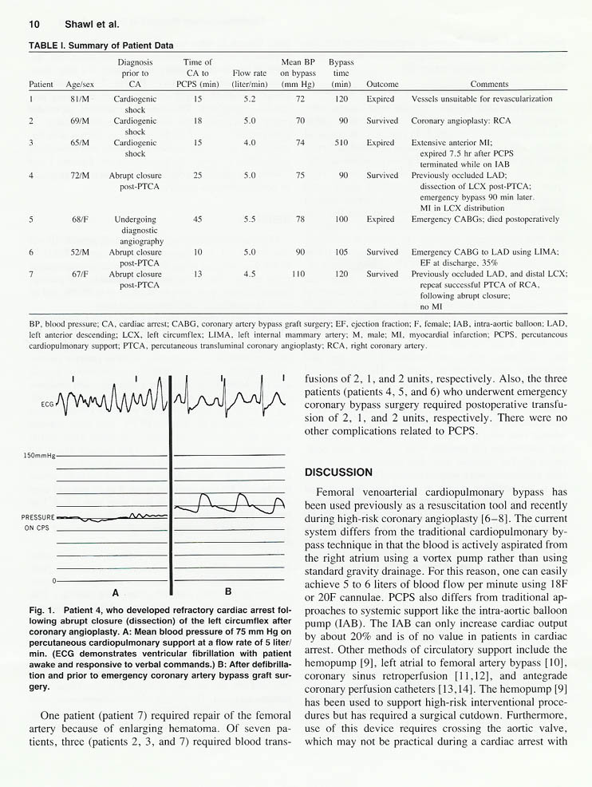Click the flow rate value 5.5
point(249,219)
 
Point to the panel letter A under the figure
point(115,592)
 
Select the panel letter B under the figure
point(228,591)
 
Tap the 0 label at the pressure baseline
point(53,579)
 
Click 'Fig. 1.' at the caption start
point(43,610)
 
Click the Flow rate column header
point(248,78)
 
